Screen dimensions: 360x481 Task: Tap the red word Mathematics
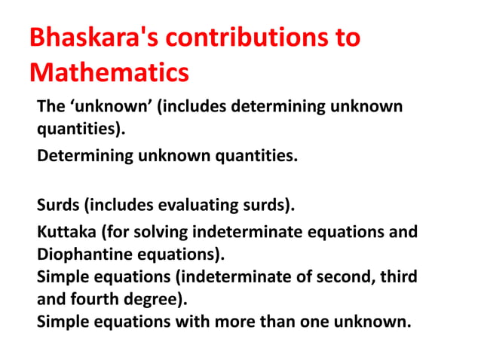click(109, 74)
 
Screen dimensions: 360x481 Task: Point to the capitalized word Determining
click(85, 157)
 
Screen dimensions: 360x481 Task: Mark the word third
click(397, 277)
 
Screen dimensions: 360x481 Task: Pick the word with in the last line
click(198, 322)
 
